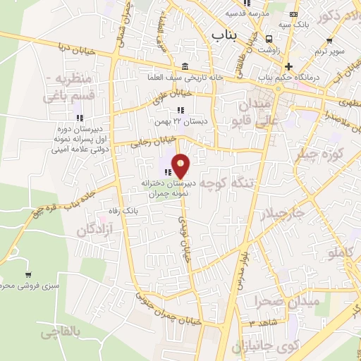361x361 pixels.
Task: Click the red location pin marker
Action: click(181, 166)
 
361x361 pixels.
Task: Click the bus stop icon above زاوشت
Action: click(269, 39)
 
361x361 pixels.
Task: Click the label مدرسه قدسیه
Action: click(245, 13)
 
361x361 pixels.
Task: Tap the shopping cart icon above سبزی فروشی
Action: click(27, 274)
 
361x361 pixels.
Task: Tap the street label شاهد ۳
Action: click(258, 322)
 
